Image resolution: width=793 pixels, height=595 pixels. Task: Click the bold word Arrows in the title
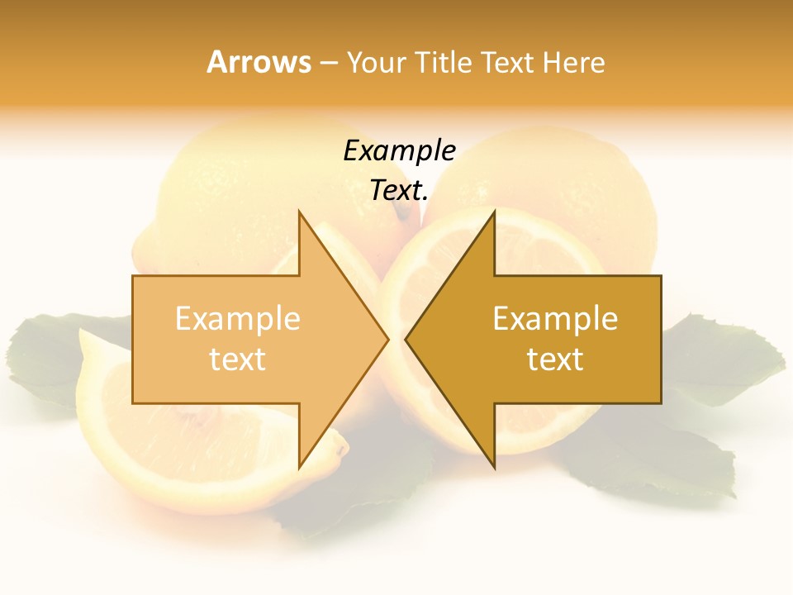pyautogui.click(x=259, y=62)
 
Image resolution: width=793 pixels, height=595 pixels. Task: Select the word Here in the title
pyautogui.click(x=573, y=63)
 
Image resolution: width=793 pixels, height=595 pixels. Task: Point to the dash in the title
pyautogui.click(x=328, y=63)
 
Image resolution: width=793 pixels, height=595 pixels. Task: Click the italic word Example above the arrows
pyautogui.click(x=399, y=151)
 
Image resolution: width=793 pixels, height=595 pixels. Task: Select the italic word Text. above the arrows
pyautogui.click(x=399, y=191)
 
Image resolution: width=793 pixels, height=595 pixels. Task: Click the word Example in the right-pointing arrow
pyautogui.click(x=238, y=319)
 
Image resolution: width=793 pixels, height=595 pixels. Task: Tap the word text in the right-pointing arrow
pyautogui.click(x=238, y=359)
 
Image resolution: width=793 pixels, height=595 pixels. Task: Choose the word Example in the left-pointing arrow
pyautogui.click(x=555, y=319)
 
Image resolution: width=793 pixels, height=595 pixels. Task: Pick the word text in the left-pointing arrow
pyautogui.click(x=555, y=359)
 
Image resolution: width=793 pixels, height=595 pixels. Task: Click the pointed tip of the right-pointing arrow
pyautogui.click(x=387, y=339)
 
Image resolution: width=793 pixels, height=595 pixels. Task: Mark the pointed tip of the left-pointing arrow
pyautogui.click(x=406, y=339)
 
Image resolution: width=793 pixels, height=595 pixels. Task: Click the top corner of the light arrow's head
pyautogui.click(x=299, y=212)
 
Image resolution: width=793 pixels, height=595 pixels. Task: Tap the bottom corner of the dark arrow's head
pyautogui.click(x=494, y=467)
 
